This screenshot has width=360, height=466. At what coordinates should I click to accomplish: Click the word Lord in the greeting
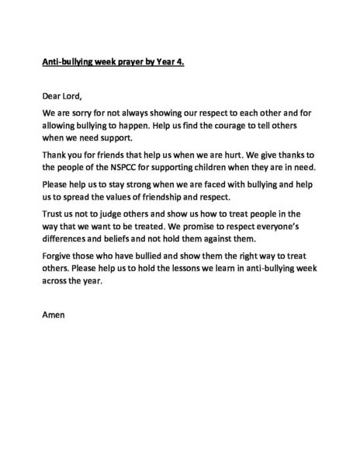click(70, 96)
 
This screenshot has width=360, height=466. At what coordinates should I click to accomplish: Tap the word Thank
click(54, 155)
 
